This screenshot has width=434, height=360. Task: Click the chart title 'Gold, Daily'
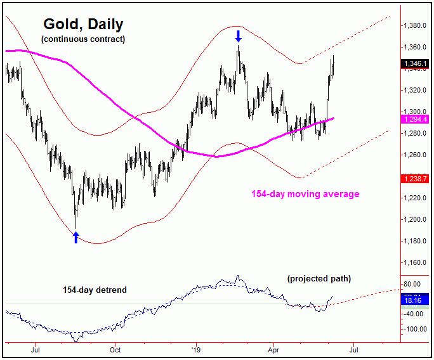click(x=83, y=25)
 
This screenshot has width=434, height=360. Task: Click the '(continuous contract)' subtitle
click(x=83, y=39)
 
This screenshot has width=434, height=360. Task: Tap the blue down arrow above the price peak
click(x=238, y=36)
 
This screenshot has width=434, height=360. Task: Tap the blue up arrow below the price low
click(x=76, y=237)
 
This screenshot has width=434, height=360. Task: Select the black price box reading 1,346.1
click(x=416, y=63)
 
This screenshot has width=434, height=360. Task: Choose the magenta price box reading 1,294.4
click(x=416, y=119)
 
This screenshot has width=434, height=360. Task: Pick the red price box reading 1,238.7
click(x=416, y=179)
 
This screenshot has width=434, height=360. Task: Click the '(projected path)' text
click(x=319, y=279)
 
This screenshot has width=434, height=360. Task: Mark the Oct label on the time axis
click(x=115, y=349)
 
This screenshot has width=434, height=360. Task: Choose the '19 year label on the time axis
click(x=195, y=349)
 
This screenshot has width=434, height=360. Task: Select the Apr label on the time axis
click(x=273, y=349)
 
